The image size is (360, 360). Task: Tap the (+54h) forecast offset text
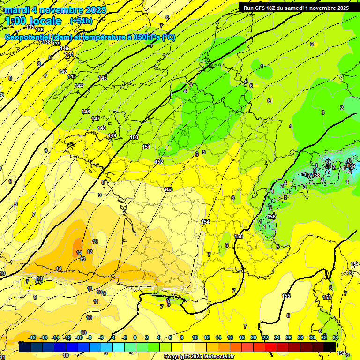coord(81,21)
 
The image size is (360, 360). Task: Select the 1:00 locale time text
coord(33,21)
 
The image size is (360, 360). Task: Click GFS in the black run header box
coord(261,8)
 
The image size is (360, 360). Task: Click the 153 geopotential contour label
coord(168,189)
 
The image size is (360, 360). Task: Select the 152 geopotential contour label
coord(159,162)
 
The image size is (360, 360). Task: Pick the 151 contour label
coord(146,147)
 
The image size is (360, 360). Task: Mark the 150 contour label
coord(134,137)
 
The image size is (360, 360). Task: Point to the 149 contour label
coord(112,135)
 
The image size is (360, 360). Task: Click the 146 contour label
coord(86,112)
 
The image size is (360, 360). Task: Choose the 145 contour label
coord(103,78)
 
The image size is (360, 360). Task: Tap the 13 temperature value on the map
coord(82,259)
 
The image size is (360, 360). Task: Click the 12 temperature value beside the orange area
coord(90,252)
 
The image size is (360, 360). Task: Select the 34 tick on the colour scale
coord(336,337)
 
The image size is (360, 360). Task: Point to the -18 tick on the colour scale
coord(32,337)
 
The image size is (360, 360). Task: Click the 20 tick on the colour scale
coord(253,337)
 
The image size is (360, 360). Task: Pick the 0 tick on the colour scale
coord(135,337)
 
